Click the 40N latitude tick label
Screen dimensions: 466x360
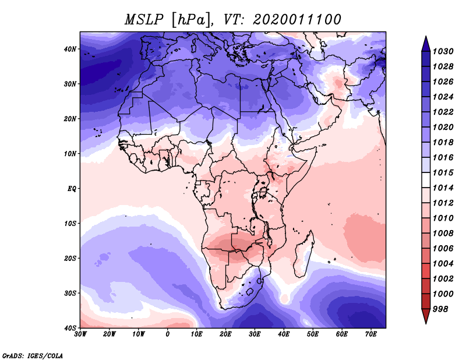click(70, 49)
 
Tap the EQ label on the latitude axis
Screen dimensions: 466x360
click(72, 189)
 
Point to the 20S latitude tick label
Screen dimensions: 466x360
click(70, 258)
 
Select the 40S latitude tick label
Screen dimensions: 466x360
click(70, 328)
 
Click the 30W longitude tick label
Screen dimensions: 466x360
click(80, 334)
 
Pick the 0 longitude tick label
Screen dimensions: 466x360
click(168, 334)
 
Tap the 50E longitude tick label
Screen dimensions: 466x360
click(313, 334)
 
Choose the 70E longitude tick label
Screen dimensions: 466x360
click(371, 334)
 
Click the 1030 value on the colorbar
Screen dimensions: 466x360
click(443, 51)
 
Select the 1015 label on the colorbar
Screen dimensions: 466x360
click(443, 172)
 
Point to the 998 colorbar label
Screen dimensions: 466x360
click(440, 309)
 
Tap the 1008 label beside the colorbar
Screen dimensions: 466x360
click(443, 234)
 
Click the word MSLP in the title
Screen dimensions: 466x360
click(144, 20)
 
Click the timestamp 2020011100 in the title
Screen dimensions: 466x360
click(296, 20)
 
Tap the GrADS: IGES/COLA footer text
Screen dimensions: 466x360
click(33, 356)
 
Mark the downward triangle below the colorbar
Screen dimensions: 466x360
click(426, 316)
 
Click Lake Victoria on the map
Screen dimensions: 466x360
click(263, 192)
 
